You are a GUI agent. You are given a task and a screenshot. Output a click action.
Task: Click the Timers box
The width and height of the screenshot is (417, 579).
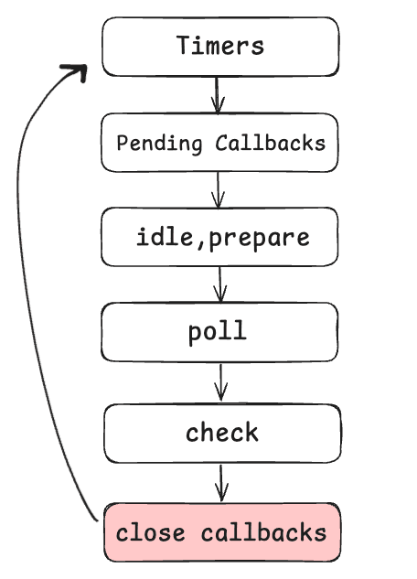219,47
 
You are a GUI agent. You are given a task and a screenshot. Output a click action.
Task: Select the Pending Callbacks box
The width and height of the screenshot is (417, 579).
219,143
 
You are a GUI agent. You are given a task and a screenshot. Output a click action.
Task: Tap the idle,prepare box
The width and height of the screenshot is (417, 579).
219,237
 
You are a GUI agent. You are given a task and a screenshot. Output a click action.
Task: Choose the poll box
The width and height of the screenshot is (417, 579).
219,332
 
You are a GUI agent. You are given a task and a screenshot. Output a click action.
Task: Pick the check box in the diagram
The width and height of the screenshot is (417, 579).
222,433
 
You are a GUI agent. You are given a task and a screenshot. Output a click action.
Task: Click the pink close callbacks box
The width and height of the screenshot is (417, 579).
221,532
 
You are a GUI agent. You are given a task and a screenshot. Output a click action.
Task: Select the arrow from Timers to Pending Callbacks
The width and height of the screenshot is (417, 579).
218,94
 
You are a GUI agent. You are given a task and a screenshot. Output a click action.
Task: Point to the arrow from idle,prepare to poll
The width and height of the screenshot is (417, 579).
219,284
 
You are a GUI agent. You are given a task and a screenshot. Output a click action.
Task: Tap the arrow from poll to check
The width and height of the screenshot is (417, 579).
220,382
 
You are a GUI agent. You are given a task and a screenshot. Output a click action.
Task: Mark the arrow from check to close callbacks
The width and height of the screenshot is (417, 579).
220,482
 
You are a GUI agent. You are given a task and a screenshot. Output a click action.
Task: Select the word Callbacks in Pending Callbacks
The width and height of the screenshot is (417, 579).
269,144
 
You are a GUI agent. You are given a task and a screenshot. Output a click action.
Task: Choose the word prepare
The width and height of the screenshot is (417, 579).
261,239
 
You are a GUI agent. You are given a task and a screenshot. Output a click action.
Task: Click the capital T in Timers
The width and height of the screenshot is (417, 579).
184,45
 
